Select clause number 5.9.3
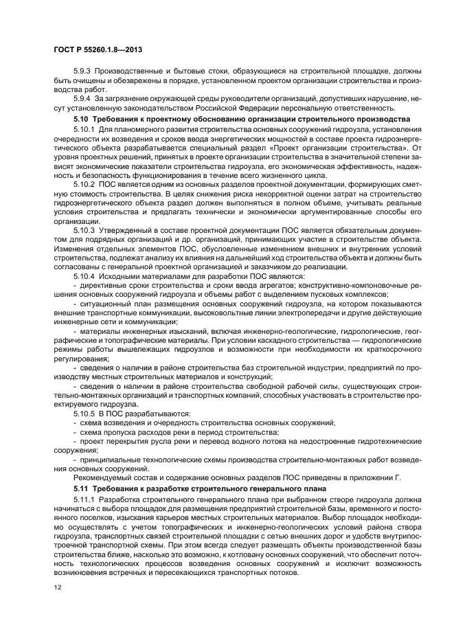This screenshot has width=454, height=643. click(83, 71)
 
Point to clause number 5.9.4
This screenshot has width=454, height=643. click(83, 98)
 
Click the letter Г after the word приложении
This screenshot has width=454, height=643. click(397, 477)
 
